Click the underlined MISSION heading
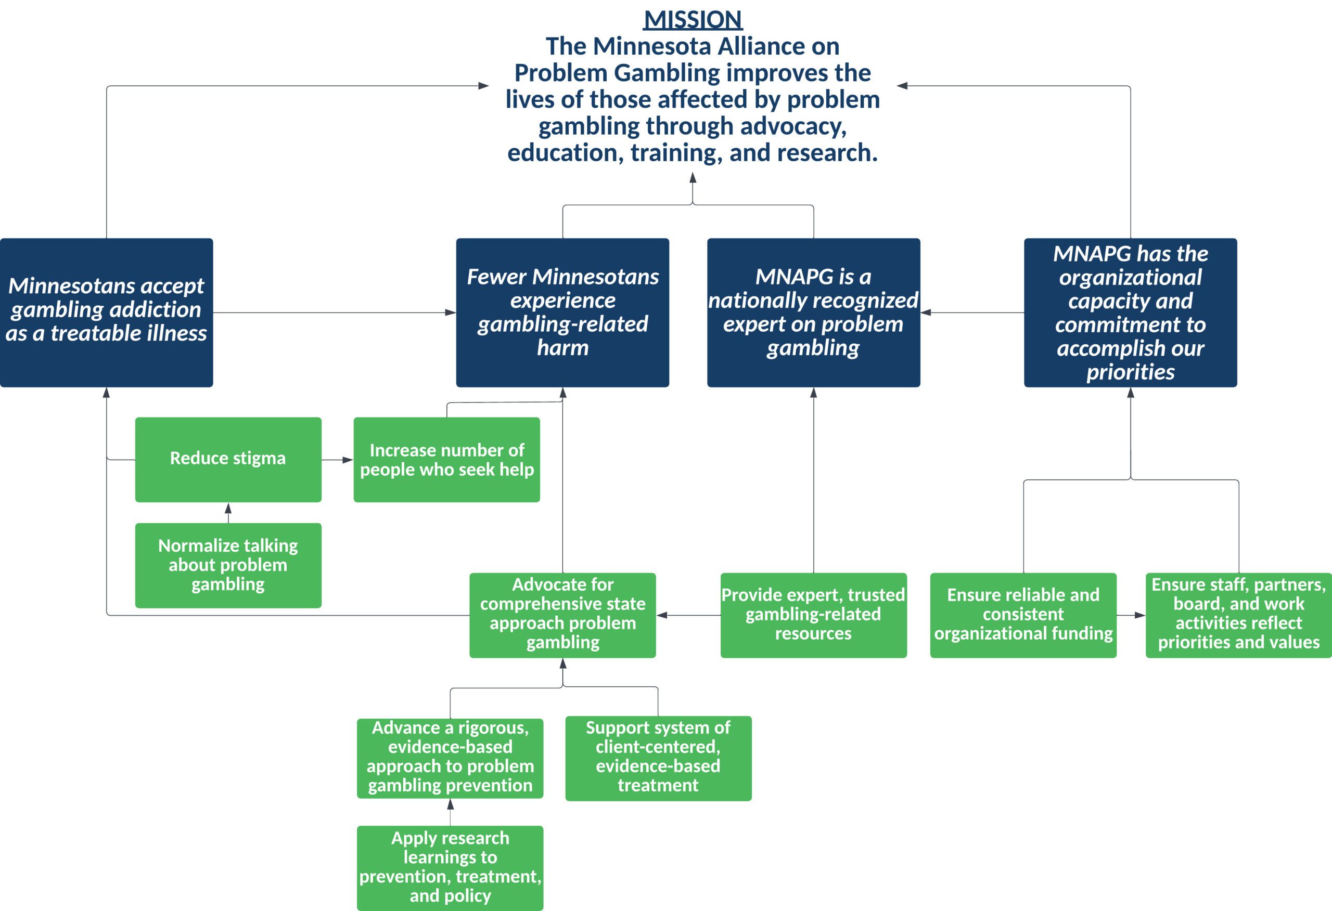click(693, 20)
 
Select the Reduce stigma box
click(228, 460)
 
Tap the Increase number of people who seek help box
click(446, 460)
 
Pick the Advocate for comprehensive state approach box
click(562, 615)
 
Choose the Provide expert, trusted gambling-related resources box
click(813, 615)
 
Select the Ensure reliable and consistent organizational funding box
click(1023, 615)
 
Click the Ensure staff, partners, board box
click(1238, 615)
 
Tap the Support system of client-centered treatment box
click(658, 758)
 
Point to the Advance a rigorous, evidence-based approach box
click(450, 758)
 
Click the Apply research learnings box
click(450, 867)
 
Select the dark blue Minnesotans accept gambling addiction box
click(107, 313)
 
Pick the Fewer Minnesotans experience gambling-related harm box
click(562, 313)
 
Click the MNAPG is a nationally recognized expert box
click(813, 313)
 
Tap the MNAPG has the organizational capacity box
click(1130, 313)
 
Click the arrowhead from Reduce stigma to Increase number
click(348, 460)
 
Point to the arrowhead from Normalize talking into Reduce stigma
click(228, 508)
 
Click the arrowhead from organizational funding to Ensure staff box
click(1140, 615)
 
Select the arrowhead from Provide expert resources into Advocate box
click(662, 615)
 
